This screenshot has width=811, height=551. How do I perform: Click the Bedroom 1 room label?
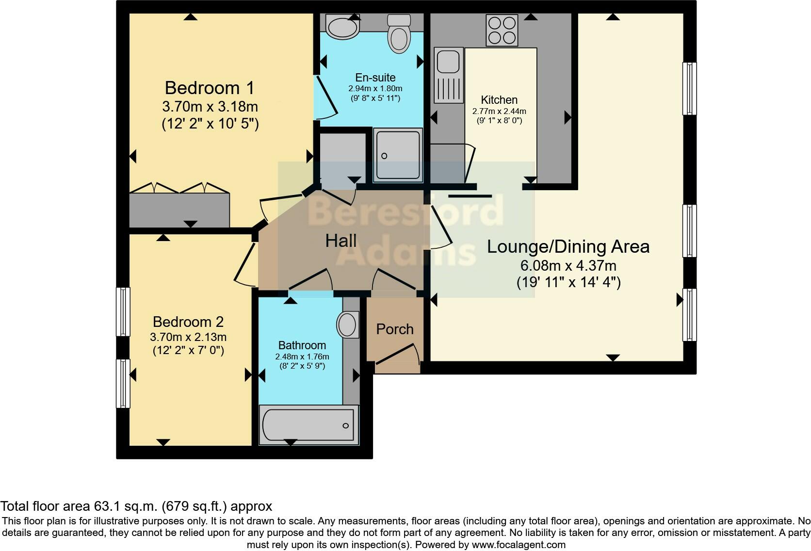(210, 88)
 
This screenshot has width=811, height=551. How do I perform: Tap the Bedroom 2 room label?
(188, 322)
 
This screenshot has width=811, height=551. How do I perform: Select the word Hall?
(341, 241)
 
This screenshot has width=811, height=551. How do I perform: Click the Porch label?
(395, 329)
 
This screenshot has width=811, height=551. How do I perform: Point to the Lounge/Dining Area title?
(568, 246)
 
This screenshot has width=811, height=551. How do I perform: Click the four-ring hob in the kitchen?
(502, 30)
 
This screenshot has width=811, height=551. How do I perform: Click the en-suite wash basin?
(342, 27)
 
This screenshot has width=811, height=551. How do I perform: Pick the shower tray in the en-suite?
(398, 155)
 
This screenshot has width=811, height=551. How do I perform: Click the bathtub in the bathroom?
(308, 425)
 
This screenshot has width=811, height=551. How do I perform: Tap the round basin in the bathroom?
(348, 325)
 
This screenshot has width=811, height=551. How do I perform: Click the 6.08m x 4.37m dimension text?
(568, 266)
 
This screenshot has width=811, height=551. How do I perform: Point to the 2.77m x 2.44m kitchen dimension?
(499, 111)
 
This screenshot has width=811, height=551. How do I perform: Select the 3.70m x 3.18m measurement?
(210, 106)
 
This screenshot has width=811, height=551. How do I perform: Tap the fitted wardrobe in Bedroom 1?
(178, 209)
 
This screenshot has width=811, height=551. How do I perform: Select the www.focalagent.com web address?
(518, 545)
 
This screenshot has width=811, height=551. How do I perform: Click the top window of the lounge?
(689, 88)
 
